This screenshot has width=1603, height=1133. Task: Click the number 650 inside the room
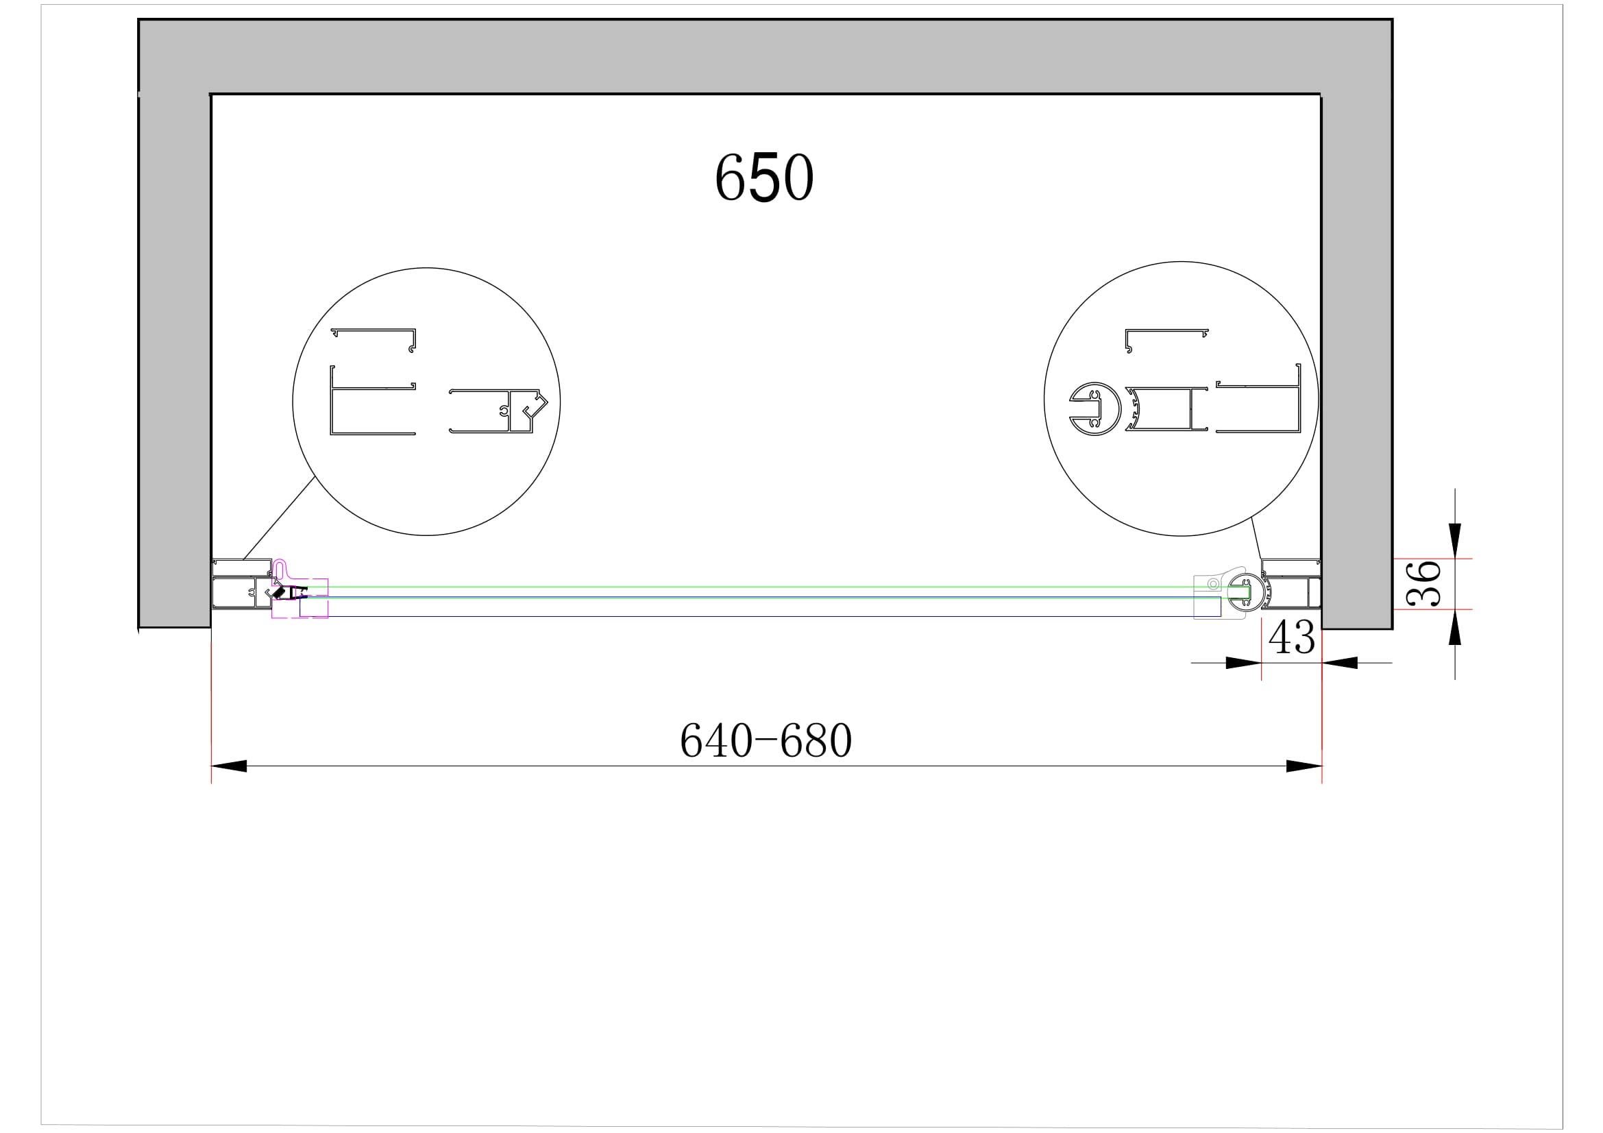763,178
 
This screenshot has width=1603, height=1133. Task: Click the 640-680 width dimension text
766,741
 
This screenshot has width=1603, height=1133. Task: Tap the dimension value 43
1292,637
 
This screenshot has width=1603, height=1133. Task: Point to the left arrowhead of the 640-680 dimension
229,766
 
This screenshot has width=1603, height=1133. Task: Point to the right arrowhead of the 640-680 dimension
1304,766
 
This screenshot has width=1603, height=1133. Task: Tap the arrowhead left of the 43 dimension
1243,663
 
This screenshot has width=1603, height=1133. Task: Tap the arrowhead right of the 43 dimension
1340,663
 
